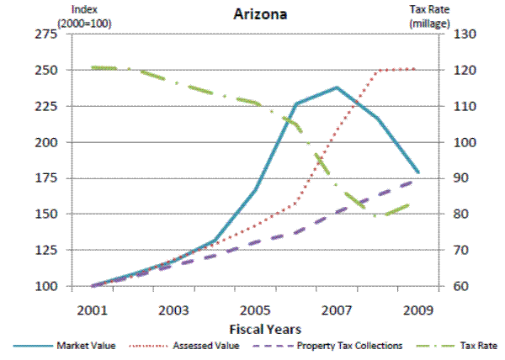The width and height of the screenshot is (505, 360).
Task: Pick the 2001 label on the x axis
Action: pyautogui.click(x=91, y=309)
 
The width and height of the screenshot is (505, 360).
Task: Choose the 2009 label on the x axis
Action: pyautogui.click(x=418, y=309)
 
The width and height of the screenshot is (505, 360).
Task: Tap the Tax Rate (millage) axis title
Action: pyautogui.click(x=428, y=15)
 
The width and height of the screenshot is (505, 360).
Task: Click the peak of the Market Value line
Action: pyautogui.click(x=337, y=87)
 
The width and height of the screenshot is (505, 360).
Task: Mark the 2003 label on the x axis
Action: pyautogui.click(x=173, y=309)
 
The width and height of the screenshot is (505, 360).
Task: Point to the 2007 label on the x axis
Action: pyautogui.click(x=337, y=309)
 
